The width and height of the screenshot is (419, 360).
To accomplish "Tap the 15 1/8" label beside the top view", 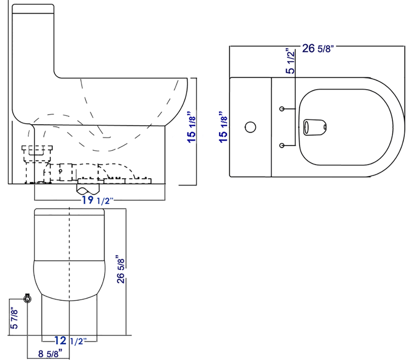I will click(x=224, y=126).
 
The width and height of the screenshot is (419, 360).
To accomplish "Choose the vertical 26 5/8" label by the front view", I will click(x=121, y=269).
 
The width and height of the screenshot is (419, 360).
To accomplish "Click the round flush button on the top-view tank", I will click(x=250, y=127).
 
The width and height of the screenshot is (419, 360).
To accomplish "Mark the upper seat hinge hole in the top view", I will click(x=282, y=108).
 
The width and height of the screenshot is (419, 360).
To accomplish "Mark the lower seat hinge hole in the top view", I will click(x=282, y=145).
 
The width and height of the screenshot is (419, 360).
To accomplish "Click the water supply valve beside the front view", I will click(x=27, y=298).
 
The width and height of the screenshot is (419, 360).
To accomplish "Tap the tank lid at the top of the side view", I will click(x=33, y=7).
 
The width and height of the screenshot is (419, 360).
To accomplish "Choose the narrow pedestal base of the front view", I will click(x=70, y=320).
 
